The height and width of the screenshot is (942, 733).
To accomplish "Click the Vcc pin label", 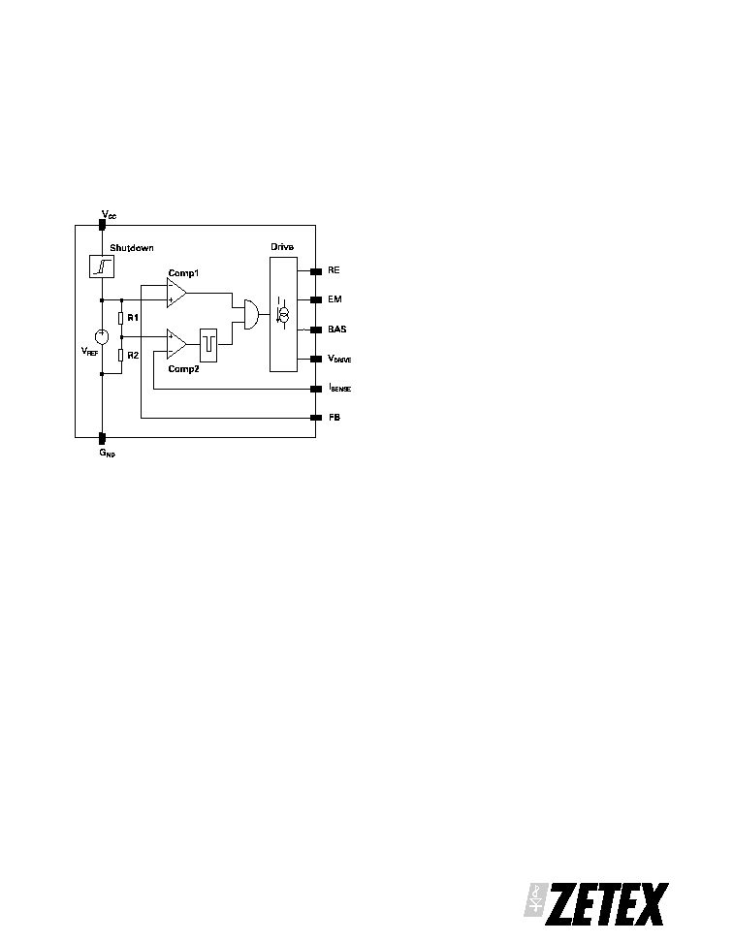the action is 109,214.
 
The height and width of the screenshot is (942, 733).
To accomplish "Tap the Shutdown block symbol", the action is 102,267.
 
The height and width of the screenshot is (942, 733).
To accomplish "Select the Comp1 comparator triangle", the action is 176,294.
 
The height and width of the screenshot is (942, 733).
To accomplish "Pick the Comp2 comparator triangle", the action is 176,344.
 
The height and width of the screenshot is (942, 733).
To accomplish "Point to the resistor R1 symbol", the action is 121,318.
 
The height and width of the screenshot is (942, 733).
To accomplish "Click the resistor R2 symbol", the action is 121,356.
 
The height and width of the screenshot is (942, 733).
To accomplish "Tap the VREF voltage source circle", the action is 102,337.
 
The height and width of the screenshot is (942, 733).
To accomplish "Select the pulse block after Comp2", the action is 208,345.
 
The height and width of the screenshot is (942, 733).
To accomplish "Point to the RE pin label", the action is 334,270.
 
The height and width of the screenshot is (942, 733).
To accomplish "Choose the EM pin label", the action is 335,299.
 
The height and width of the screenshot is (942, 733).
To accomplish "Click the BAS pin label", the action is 337,330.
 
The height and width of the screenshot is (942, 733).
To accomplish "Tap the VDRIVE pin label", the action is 339,359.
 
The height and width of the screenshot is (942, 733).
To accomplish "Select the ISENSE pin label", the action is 340,388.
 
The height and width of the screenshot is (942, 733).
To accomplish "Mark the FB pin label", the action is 335,418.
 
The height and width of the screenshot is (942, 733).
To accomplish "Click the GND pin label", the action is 108,453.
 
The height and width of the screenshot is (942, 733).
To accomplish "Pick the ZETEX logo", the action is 596,904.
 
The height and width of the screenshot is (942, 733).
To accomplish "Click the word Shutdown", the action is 132,247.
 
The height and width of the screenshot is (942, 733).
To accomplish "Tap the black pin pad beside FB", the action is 316,418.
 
